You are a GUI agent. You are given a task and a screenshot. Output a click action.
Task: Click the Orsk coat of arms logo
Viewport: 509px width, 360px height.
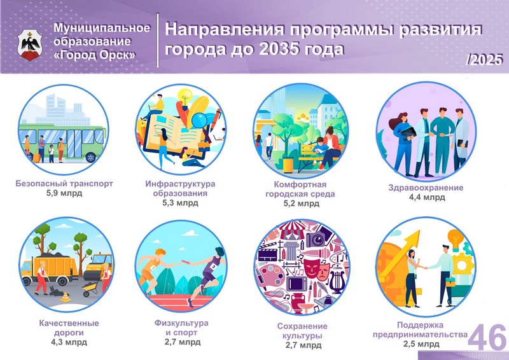click(x=29, y=45)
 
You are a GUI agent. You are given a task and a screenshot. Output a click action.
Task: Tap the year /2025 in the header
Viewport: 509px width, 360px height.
click(x=484, y=59)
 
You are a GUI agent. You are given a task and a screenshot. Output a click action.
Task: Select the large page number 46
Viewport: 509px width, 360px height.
click(x=487, y=338)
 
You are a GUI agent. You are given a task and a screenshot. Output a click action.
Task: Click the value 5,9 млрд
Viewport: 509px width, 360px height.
click(x=64, y=193)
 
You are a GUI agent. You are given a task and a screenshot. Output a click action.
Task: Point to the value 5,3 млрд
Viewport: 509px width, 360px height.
click(x=180, y=203)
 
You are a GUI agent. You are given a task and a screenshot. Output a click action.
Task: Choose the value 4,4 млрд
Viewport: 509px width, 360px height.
click(x=427, y=197)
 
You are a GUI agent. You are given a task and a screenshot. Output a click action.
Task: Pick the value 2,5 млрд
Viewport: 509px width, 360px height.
click(x=421, y=343)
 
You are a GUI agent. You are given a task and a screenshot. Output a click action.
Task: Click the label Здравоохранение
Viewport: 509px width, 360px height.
click(x=426, y=188)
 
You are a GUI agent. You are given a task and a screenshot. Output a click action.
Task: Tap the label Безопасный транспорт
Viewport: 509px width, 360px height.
click(x=64, y=183)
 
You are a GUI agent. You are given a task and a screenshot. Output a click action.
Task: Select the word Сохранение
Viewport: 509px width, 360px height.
click(x=302, y=326)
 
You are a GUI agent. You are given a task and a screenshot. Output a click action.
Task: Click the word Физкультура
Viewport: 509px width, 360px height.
click(x=181, y=323)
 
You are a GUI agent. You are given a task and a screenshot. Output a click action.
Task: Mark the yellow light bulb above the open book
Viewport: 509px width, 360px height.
click(x=185, y=97)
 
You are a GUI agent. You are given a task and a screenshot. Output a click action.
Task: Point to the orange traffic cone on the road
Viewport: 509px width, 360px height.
click(x=66, y=296)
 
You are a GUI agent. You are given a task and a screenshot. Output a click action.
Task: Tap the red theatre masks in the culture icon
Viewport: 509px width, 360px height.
click(x=316, y=268)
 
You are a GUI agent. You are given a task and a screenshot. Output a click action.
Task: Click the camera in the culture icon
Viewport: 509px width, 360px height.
click(x=316, y=240)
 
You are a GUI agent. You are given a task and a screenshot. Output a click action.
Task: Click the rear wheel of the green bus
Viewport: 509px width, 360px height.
click(x=91, y=158)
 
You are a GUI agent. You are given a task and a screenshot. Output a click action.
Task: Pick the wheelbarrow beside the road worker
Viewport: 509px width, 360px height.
click(x=90, y=288)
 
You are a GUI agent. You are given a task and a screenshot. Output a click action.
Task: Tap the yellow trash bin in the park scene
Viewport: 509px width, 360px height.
click(x=288, y=165)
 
